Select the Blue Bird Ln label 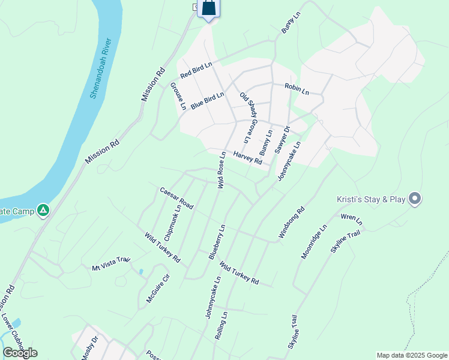tap(207, 100)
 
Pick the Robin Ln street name tap(297, 90)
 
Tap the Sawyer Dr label tap(282, 139)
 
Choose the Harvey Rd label tap(248, 158)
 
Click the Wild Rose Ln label tap(221, 170)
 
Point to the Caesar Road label tap(176, 198)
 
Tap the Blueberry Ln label tap(217, 242)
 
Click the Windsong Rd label tap(292, 223)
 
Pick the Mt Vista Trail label tap(111, 263)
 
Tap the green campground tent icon tap(43, 211)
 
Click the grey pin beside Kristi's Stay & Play tap(414, 199)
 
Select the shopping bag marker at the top tap(208, 8)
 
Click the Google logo tap(20, 352)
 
